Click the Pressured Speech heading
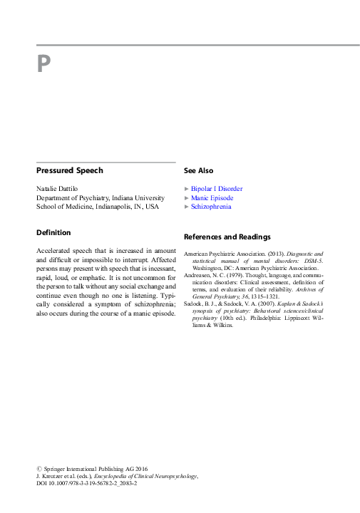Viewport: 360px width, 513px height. (x=70, y=171)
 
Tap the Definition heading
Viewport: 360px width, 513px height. (x=53, y=232)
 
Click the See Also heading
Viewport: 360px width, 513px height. (x=198, y=171)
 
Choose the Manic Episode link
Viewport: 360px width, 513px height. (x=212, y=198)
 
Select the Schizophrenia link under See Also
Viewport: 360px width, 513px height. (x=211, y=207)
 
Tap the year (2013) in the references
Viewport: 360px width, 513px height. (x=277, y=254)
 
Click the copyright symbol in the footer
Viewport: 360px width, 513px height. (x=38, y=468)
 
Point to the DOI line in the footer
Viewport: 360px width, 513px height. (x=79, y=484)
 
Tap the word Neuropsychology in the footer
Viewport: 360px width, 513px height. (x=175, y=476)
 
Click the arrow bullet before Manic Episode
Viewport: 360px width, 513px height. (x=187, y=198)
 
